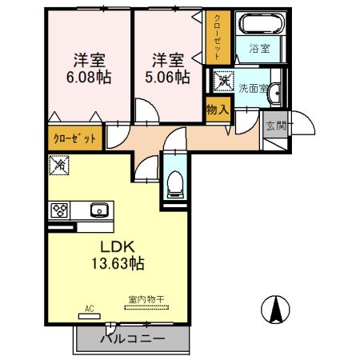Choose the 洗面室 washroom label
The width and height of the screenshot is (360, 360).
254,89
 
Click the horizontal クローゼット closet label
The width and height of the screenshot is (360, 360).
75,138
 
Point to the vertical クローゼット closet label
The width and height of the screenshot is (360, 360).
216,37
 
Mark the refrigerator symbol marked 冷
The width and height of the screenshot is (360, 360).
60,166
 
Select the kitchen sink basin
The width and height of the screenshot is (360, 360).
98,210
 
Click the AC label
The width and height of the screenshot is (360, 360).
90,307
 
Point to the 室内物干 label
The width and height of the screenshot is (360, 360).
146,300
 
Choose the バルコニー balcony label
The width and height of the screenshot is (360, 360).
133,339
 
